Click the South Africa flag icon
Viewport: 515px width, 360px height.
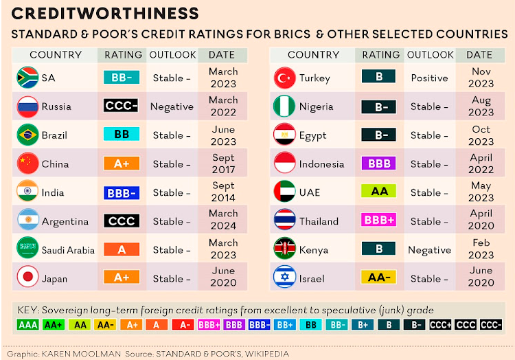(27, 78)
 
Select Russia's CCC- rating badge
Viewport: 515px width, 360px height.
(122, 106)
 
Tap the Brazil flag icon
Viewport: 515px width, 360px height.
(27, 135)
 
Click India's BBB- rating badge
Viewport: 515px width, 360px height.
(122, 192)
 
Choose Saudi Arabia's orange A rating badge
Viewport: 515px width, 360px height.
(122, 250)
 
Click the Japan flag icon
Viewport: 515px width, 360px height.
(27, 278)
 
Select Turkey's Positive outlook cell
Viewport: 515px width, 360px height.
(430, 78)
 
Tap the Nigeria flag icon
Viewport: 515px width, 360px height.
(284, 106)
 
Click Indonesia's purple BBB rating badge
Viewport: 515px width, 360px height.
(380, 164)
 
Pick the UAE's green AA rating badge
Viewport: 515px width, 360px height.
(380, 192)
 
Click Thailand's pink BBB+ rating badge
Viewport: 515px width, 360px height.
(380, 221)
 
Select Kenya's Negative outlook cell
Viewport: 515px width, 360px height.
(430, 250)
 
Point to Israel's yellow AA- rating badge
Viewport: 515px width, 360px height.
(380, 278)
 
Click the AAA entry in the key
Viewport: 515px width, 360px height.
(28, 325)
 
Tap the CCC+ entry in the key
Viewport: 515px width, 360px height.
(439, 325)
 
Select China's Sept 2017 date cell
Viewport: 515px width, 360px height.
(222, 164)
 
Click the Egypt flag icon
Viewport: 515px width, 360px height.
(284, 135)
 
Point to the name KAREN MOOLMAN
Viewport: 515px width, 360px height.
(89, 353)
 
